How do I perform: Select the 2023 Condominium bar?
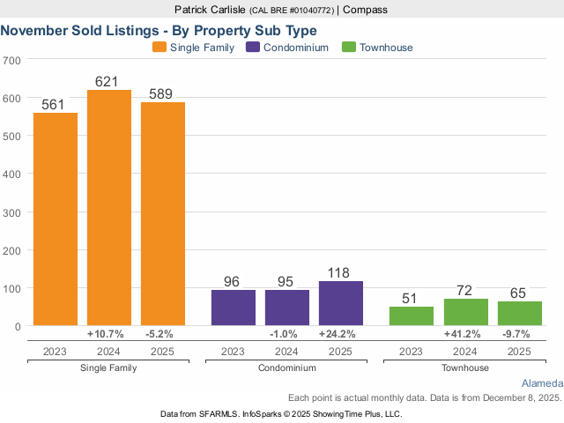[233, 308]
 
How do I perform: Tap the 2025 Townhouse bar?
[519, 314]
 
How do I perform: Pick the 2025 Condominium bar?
[340, 303]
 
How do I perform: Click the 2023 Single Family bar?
[56, 219]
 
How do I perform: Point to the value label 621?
[107, 82]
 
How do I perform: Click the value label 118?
[340, 273]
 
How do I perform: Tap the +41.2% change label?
[465, 335]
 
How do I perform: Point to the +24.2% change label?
[340, 335]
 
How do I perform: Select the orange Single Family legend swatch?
[160, 48]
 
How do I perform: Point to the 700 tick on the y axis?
[11, 61]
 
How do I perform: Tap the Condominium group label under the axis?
[286, 367]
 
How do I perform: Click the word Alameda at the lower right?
[542, 384]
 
